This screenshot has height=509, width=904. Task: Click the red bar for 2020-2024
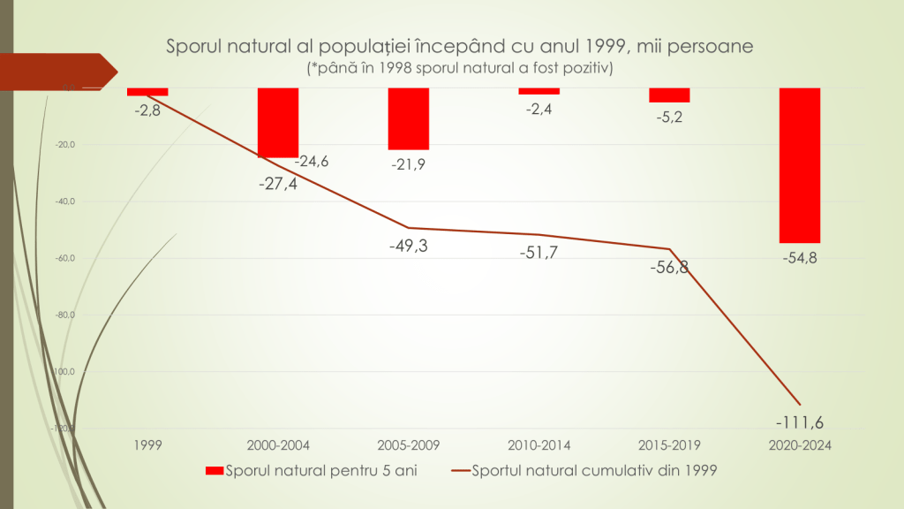[800, 165]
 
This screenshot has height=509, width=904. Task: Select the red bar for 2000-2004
[277, 123]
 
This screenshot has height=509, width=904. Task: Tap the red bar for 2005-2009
[408, 118]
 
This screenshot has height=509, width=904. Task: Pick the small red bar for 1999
[147, 92]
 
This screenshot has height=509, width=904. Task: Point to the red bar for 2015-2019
[669, 95]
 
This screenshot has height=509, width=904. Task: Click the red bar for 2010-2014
[539, 91]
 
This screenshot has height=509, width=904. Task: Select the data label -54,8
[800, 258]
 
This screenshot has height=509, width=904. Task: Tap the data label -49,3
[408, 246]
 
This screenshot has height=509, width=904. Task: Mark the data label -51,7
[539, 253]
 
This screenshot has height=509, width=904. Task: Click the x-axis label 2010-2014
[539, 445]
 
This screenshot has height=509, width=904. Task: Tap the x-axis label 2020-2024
[800, 445]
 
